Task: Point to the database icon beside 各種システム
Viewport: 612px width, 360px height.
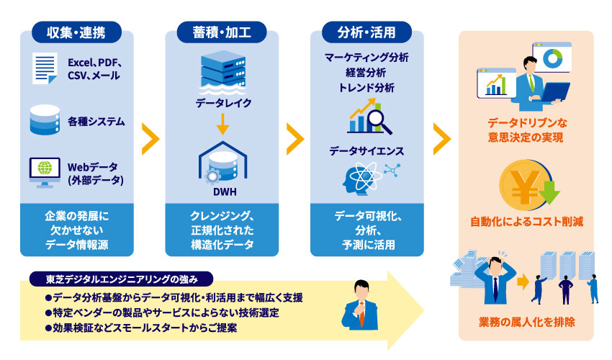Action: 44,121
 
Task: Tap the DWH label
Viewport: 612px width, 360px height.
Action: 223,192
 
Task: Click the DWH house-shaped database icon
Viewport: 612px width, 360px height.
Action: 222,163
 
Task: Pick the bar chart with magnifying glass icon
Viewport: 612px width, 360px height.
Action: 369,118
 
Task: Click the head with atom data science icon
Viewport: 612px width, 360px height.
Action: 361,178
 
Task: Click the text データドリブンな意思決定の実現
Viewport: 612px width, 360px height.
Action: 526,130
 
